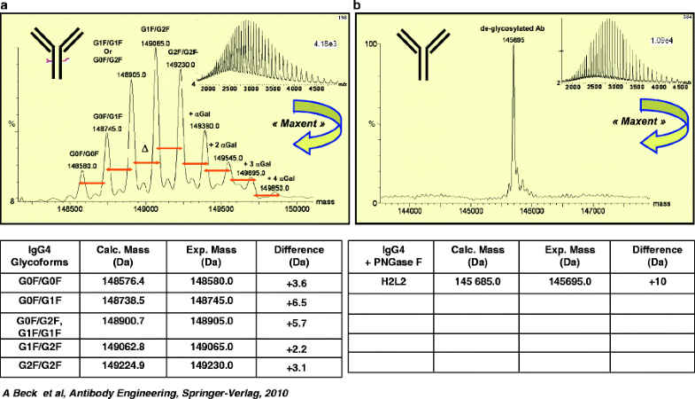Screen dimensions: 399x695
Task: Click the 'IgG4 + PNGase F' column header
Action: (391, 254)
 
